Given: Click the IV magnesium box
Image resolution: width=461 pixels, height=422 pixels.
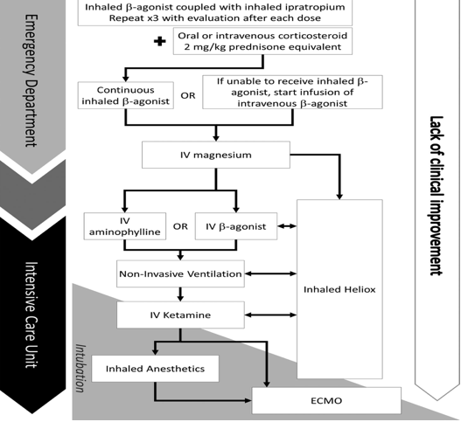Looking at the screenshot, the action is (216, 155).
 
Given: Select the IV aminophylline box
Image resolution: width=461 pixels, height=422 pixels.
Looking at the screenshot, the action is (125, 226).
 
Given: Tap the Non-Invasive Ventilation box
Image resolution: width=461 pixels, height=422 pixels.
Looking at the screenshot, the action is (180, 273).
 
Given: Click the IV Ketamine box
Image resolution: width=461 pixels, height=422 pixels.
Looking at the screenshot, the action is (180, 315).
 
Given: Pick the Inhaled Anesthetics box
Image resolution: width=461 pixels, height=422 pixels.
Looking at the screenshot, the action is (155, 369).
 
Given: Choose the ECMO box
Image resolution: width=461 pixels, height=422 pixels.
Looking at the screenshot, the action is (326, 400).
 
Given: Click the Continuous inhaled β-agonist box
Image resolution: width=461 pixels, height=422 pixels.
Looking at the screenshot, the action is (126, 95).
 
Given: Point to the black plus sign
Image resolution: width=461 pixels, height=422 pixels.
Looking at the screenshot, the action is (160, 41).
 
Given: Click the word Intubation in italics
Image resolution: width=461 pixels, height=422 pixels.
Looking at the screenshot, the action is (80, 368).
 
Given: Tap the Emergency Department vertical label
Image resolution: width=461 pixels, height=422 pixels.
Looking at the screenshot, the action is (31, 80).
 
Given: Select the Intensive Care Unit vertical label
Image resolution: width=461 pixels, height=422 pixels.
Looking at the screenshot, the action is (31, 315).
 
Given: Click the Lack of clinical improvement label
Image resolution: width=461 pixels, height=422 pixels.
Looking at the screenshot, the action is (437, 196).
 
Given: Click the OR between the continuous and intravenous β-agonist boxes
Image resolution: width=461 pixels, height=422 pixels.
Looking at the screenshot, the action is (188, 96).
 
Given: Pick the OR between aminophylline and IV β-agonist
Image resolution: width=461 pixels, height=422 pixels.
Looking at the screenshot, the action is (180, 226).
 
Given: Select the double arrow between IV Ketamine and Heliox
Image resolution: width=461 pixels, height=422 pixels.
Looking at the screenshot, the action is (270, 315).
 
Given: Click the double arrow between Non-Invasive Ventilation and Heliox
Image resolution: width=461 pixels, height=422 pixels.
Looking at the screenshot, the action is (270, 273).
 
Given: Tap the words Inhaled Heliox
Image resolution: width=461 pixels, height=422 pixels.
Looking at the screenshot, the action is (339, 289).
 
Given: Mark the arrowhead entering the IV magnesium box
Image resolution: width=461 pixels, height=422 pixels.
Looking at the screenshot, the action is (216, 138).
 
